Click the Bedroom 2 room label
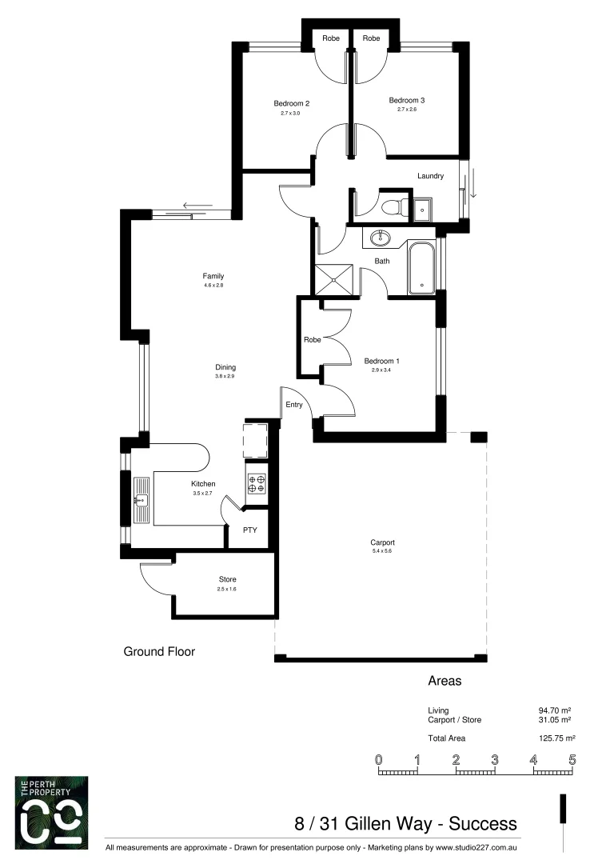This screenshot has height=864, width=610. (291, 103)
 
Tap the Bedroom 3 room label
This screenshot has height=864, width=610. (406, 100)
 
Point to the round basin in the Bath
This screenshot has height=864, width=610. (380, 237)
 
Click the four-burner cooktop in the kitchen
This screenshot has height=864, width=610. (257, 483)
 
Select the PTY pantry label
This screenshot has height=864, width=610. (250, 530)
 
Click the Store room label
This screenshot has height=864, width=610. (228, 579)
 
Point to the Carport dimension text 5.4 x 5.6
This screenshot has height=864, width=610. (383, 551)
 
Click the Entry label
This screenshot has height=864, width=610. (294, 405)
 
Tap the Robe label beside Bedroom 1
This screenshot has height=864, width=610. (312, 340)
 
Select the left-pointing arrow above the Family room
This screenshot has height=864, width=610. (197, 206)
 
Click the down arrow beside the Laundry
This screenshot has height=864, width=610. (472, 183)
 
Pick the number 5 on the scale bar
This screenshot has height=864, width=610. (572, 759)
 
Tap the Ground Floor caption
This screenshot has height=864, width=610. (159, 651)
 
